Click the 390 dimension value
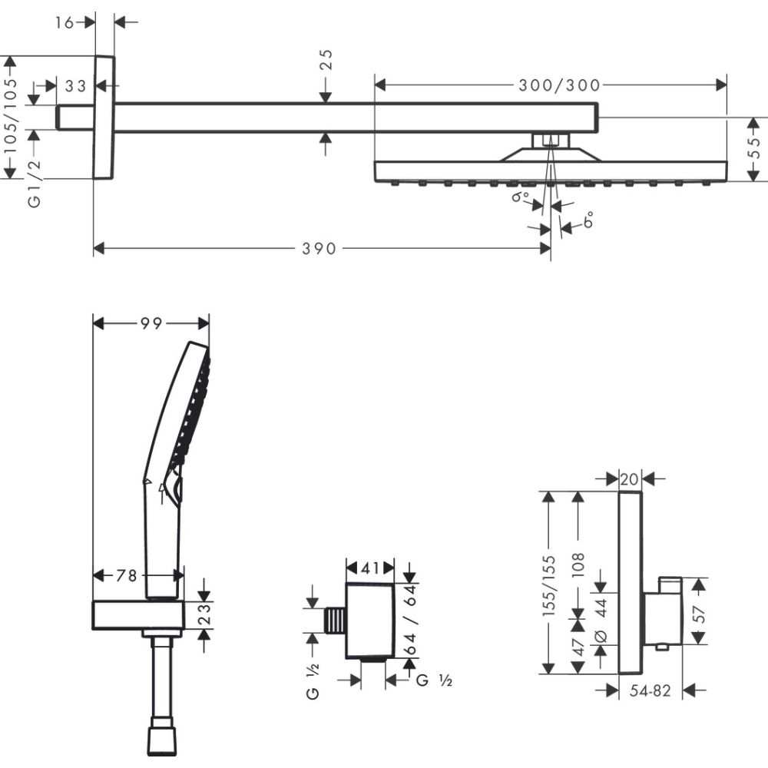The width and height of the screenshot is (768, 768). pos(319,248)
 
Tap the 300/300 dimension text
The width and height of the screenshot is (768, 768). pos(558,84)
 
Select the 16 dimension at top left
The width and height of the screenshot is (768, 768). pos(65,22)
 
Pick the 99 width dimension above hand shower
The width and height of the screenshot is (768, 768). pos(151,324)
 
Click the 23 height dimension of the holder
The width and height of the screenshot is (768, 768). pos(204,616)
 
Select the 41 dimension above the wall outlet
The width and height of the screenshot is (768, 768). pos(371,569)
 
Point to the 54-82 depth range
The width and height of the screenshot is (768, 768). pos(650,691)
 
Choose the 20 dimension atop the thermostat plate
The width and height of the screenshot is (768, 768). pos(630,479)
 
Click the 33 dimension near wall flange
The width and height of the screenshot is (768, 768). pos(74,86)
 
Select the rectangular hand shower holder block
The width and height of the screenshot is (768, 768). pos(137,615)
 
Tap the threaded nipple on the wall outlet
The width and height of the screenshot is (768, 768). pos(335,621)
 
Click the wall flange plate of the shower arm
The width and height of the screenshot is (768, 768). pos(104,117)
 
